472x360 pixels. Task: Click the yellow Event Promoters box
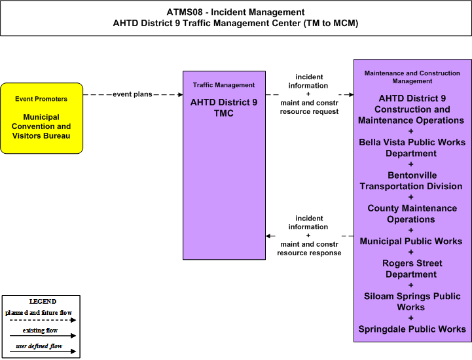41,118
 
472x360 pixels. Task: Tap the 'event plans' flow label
132,94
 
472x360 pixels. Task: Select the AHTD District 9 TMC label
224,108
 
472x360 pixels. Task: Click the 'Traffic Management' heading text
224,85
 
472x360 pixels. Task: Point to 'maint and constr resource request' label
309,107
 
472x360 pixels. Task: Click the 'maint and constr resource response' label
309,249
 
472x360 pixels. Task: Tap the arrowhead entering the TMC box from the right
268,236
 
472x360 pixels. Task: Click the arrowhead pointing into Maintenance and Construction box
351,94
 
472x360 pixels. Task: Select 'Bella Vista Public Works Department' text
412,148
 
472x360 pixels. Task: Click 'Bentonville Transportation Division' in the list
411,181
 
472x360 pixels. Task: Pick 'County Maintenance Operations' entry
412,214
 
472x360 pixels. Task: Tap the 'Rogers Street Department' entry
412,269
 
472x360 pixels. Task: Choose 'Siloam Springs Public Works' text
412,302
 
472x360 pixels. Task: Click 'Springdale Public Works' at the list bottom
412,329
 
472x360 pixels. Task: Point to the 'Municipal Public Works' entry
411,241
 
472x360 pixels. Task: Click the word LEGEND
43,301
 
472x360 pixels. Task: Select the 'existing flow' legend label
40,330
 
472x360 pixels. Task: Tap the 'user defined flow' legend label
39,346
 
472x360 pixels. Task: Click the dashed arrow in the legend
43,320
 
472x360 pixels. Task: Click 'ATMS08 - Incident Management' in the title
236,12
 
